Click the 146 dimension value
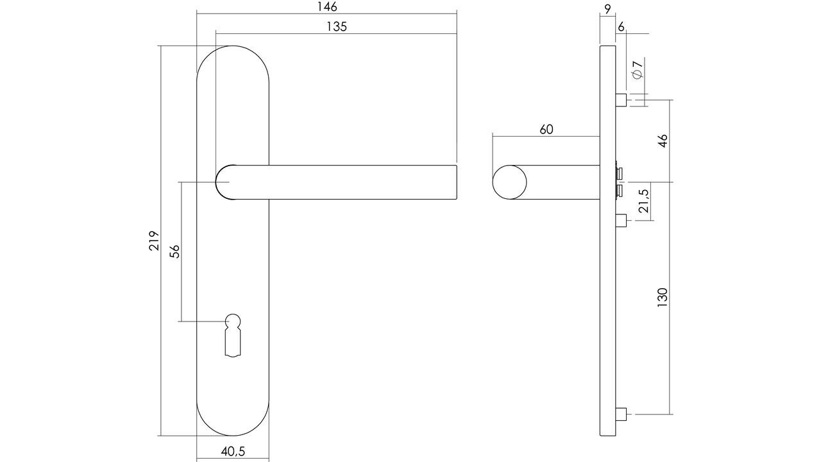coord(326,7)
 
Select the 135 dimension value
coord(336,26)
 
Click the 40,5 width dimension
coord(233,451)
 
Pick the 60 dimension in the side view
coord(546,130)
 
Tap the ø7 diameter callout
coord(637,69)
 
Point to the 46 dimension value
coord(663,141)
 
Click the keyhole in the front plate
coord(233,334)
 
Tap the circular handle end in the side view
coord(509,182)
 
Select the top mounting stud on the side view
coord(620,100)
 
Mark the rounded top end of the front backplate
coord(232,61)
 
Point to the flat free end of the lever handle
coord(455,182)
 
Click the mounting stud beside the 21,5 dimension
coord(620,221)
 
